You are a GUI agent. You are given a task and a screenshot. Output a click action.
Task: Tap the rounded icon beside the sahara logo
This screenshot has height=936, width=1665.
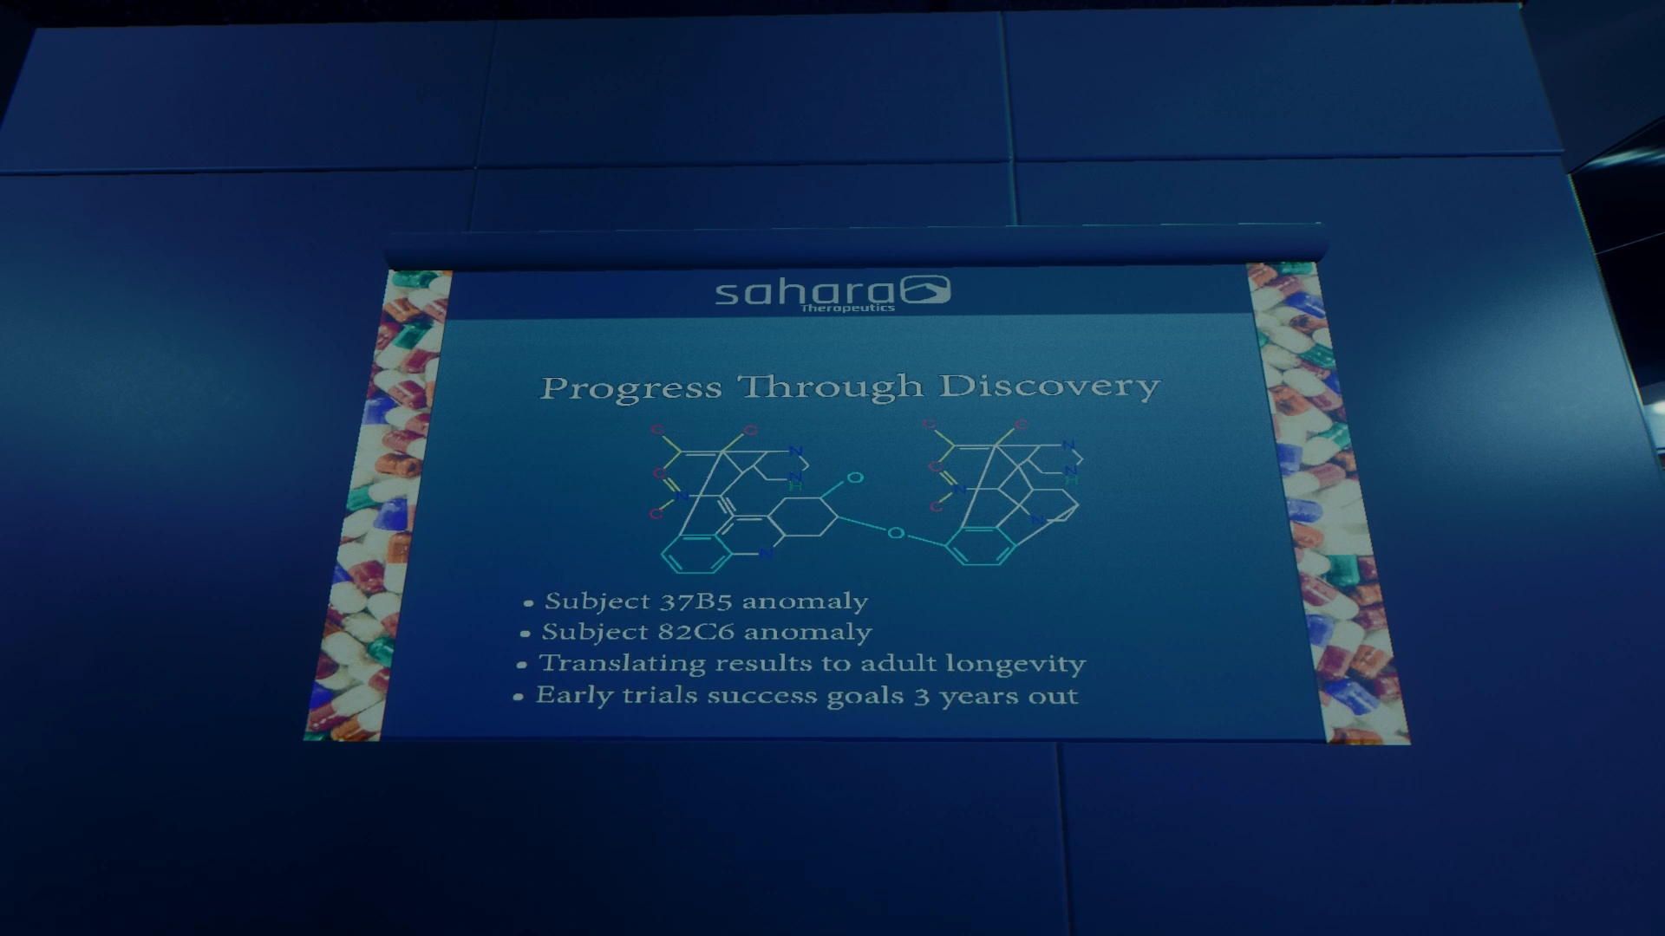pos(925,289)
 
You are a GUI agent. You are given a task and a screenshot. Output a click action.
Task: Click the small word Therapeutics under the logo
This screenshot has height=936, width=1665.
pos(848,308)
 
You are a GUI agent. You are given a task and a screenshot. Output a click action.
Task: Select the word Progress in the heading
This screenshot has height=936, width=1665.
pos(630,389)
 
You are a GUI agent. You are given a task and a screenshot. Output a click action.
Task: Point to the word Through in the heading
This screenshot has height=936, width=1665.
pos(831,387)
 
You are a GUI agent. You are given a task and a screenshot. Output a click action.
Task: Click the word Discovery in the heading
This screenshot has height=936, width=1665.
pos(1050,387)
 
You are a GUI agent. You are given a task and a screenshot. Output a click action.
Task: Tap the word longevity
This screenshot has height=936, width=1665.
pos(1015,664)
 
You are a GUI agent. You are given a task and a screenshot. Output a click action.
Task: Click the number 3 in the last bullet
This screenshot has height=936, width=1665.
pos(921,697)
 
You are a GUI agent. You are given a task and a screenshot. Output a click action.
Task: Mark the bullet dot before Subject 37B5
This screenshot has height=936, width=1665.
pos(528,603)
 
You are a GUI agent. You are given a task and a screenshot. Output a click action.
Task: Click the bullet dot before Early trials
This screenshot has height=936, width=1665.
pos(518,697)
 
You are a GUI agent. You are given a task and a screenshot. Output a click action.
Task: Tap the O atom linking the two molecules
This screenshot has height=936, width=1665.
pos(896,533)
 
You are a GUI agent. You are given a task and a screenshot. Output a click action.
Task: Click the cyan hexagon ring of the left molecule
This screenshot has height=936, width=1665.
pos(696,555)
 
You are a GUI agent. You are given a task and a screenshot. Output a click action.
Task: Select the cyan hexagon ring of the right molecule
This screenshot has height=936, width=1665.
pos(981,546)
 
